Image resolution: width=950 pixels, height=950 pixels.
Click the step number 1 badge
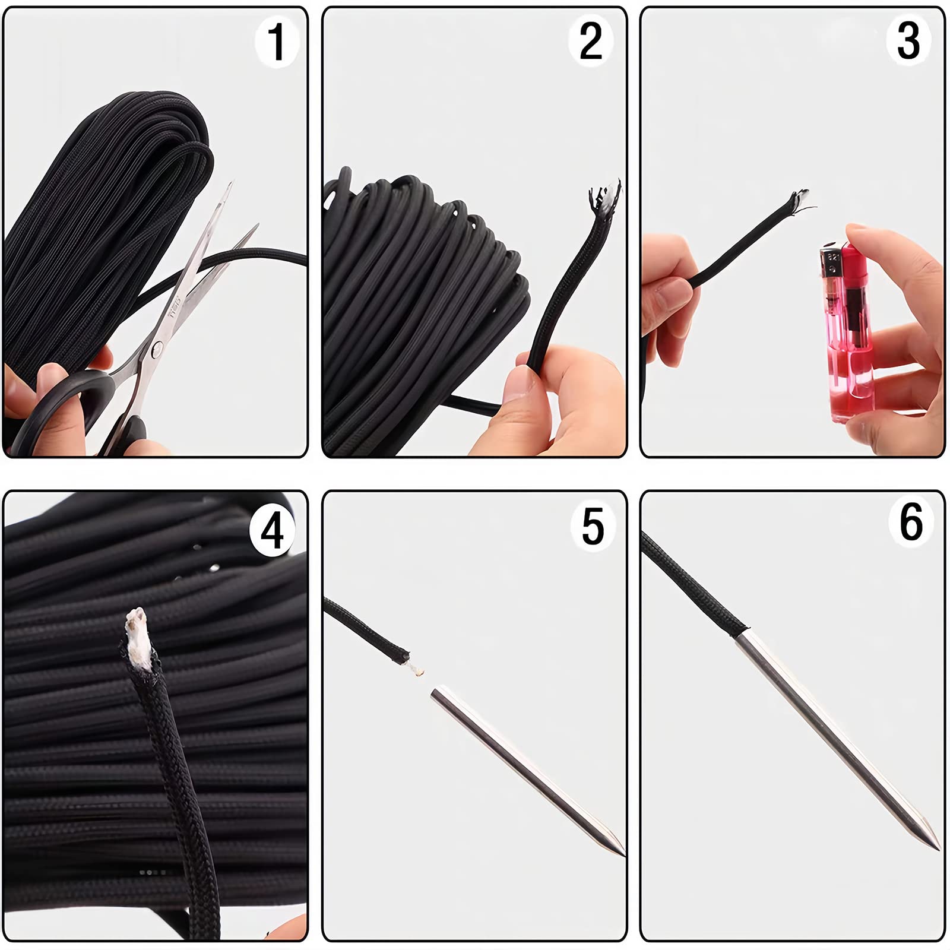[276, 42]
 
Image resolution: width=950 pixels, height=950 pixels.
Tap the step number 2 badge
[591, 42]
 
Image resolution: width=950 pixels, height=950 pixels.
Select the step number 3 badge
[908, 42]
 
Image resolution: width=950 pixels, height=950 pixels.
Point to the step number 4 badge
[272, 530]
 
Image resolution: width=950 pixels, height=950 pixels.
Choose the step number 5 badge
[592, 526]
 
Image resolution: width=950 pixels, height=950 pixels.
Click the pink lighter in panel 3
[847, 332]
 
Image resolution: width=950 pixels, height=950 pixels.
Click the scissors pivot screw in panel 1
[157, 350]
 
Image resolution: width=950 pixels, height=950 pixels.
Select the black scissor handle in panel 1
[71, 410]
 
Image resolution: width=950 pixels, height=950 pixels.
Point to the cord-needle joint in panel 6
[742, 634]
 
